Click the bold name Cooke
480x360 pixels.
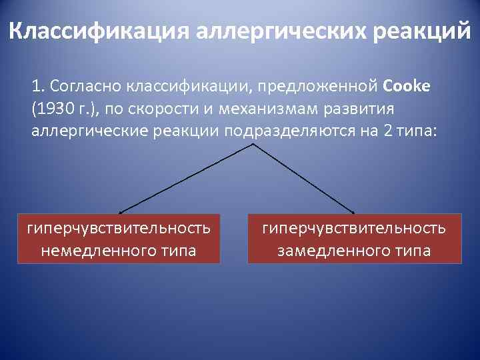(408, 87)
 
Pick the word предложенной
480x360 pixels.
(323, 87)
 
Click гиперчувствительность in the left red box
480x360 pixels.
(119, 229)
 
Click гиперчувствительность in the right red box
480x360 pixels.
(355, 229)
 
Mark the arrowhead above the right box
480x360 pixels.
(355, 209)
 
